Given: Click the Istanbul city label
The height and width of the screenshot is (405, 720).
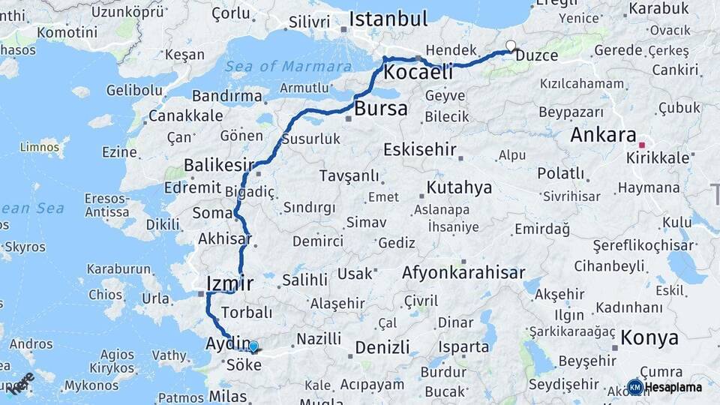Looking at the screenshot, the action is tap(388, 19).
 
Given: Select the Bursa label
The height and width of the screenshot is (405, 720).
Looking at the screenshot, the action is tap(381, 109).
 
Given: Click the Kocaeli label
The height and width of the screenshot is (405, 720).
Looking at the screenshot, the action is tap(418, 73).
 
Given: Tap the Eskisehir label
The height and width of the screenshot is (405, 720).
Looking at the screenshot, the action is tap(419, 149).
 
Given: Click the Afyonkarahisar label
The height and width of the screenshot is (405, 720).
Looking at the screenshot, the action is tap(463, 272).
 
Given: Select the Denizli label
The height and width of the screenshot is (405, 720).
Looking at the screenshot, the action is tap(382, 347).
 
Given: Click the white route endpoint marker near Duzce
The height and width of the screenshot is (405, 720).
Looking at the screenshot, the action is tap(511, 46).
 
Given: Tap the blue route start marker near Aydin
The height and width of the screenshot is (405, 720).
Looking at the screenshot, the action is tap(253, 346).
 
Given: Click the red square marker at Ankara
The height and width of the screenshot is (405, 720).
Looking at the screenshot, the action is tap(642, 145).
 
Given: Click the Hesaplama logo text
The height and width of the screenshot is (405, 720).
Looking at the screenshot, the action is tap(673, 388).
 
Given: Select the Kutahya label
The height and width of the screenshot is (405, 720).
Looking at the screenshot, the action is tap(459, 187).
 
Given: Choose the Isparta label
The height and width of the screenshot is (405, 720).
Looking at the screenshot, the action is tap(465, 347).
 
